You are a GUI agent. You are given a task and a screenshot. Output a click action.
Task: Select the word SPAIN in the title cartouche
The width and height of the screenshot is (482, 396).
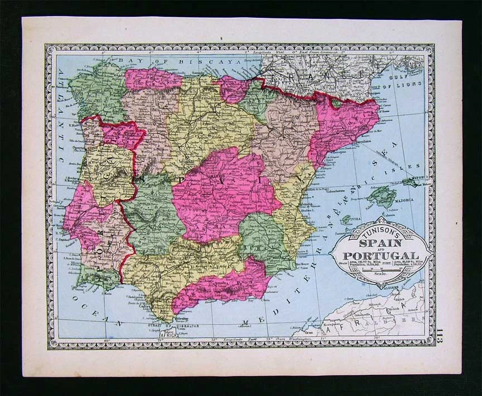379,244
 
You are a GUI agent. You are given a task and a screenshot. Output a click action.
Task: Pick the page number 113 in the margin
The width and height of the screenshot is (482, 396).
441,337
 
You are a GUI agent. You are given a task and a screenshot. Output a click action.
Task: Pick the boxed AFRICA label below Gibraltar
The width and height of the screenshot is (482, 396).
168,336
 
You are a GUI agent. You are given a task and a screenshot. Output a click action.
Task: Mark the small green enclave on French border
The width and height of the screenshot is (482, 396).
337,103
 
